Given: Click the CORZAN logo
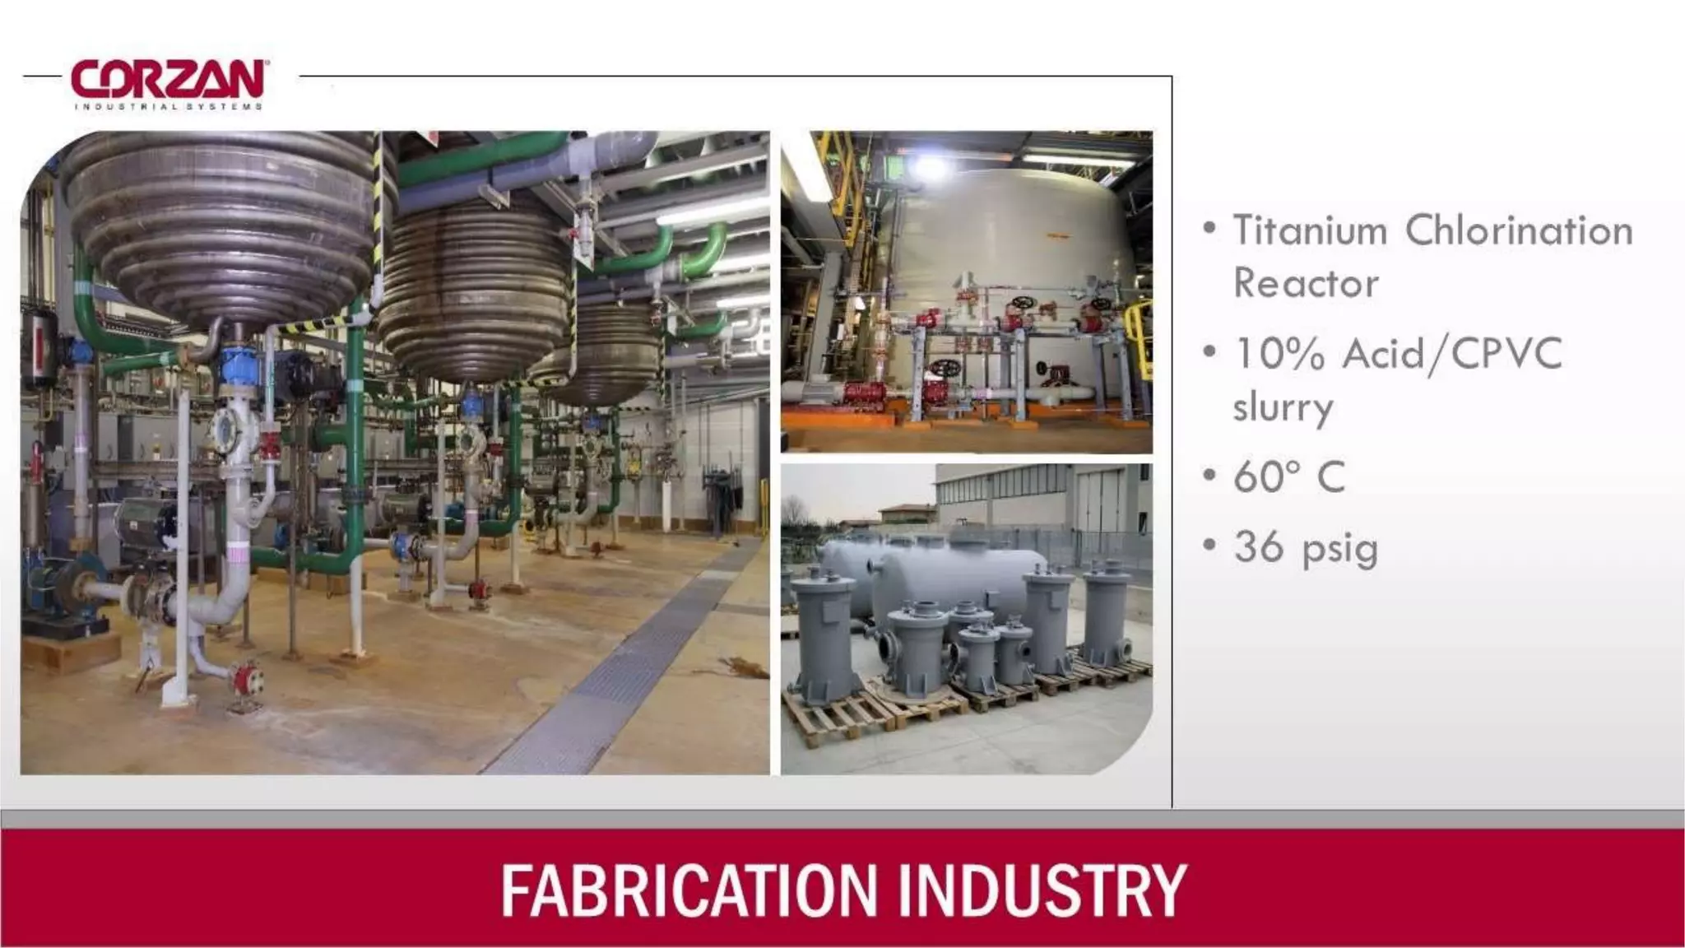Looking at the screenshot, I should point(168,80).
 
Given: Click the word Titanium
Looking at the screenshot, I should point(1310,230).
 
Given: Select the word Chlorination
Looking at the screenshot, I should point(1518,230).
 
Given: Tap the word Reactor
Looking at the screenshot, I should point(1305,284).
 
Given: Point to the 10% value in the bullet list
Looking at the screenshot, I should point(1279,355).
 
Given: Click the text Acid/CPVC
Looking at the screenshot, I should point(1452,355).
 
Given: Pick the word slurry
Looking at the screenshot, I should point(1282,407).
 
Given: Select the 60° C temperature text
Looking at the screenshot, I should point(1288,476).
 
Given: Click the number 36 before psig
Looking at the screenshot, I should point(1258,546).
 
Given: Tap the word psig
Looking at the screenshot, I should point(1340,550).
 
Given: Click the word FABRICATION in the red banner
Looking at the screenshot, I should point(690,890).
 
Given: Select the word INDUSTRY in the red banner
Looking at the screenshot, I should point(1042,890).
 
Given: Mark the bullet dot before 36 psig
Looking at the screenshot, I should point(1209,544).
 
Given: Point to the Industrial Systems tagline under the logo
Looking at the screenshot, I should point(168,106).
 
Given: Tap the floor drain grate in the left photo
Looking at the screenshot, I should point(625,667).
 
